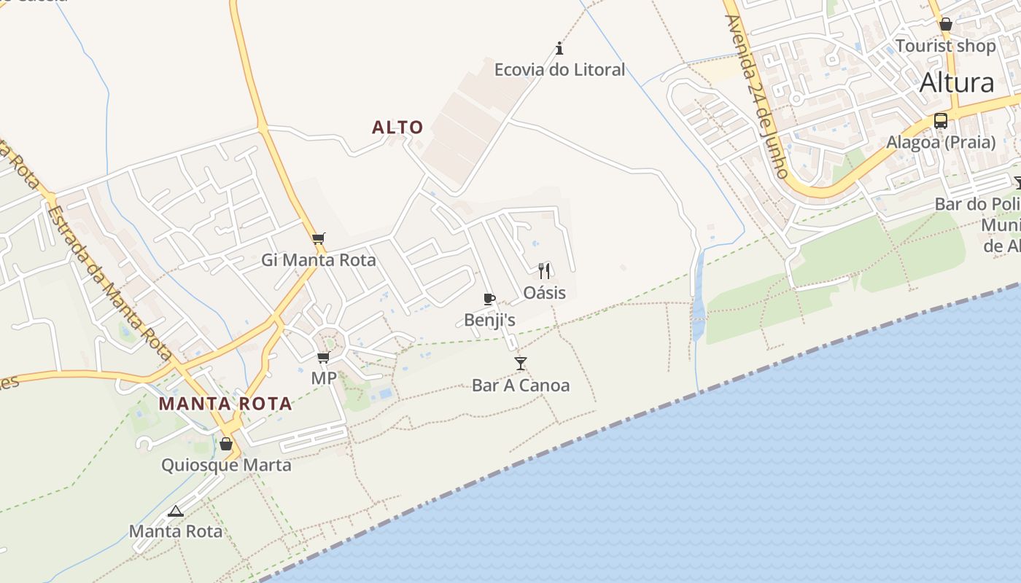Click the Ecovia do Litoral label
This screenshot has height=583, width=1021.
[559, 70]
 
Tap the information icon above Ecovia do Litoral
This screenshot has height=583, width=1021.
[559, 49]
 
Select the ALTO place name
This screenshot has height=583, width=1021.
[397, 128]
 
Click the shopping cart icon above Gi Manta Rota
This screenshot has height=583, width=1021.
[318, 238]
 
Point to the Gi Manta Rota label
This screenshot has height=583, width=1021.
[319, 260]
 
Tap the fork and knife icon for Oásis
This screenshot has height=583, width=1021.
[544, 271]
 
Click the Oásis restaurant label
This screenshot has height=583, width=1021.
[545, 293]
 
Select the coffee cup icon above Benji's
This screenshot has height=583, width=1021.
[489, 299]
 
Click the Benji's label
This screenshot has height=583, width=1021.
[489, 320]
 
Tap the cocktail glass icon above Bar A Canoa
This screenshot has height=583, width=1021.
[520, 364]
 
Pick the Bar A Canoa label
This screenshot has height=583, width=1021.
[521, 386]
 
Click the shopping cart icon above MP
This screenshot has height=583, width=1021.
[323, 357]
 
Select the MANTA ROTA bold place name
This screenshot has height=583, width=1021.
[225, 404]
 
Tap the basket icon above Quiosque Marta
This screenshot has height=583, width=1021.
[226, 444]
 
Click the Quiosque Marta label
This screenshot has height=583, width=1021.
[226, 465]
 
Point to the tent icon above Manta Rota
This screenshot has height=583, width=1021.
[175, 511]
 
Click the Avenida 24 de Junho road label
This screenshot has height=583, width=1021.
[758, 97]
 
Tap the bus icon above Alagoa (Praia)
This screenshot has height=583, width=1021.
[941, 121]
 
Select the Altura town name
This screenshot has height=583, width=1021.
[957, 83]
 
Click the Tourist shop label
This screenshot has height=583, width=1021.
[945, 46]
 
